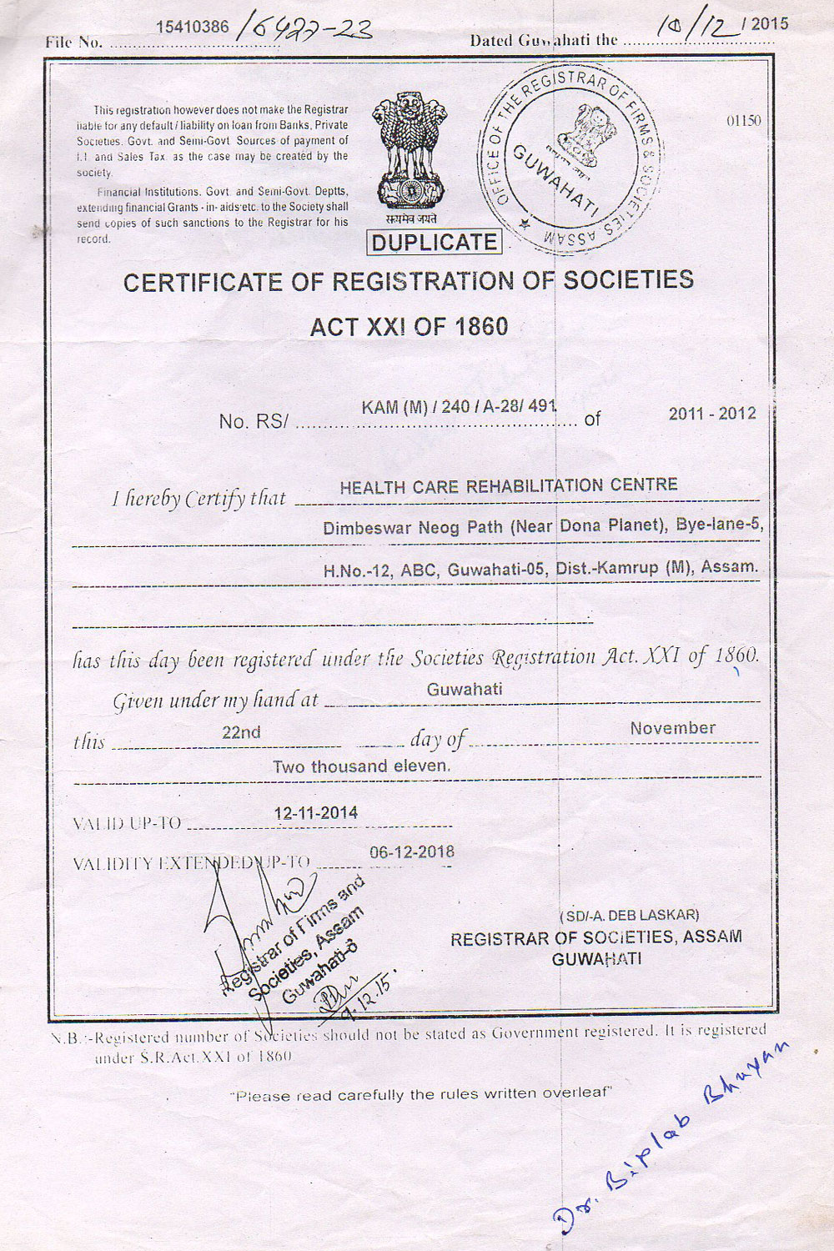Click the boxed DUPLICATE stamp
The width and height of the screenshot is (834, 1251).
(435, 243)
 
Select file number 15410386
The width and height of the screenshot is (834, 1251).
(193, 27)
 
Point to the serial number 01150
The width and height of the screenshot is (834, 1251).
(743, 121)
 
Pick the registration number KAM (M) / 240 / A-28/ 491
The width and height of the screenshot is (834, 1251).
(459, 407)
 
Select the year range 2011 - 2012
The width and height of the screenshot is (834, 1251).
(712, 413)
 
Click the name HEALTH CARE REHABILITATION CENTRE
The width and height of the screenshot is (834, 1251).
(509, 486)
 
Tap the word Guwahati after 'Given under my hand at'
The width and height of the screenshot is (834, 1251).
(465, 690)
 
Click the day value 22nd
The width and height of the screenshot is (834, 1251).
(241, 732)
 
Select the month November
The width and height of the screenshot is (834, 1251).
(672, 728)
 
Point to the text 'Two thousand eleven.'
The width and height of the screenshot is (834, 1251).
(361, 766)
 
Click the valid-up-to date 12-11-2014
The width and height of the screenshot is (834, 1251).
(316, 812)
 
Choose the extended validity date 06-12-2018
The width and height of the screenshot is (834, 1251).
(412, 852)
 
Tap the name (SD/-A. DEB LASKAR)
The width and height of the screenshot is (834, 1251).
(630, 915)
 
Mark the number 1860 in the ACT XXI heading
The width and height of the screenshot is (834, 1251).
(480, 325)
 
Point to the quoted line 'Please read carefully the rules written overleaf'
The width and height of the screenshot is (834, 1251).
(422, 1094)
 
